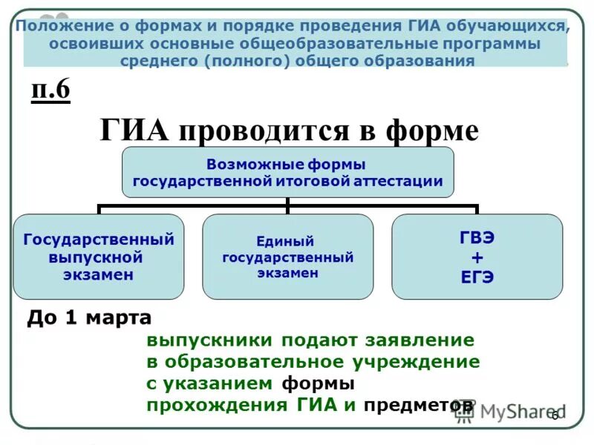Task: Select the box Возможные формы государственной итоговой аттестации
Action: point(287,172)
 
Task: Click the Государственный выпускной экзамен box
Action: point(99,257)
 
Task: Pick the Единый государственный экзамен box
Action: point(288,257)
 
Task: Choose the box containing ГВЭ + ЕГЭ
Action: point(477,257)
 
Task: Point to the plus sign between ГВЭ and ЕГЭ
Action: point(477,257)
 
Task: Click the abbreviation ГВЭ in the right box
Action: point(477,239)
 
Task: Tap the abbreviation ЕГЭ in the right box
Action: point(477,277)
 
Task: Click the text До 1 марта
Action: point(89,318)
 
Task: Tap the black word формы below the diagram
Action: point(318,383)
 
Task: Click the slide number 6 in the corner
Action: point(554,415)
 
